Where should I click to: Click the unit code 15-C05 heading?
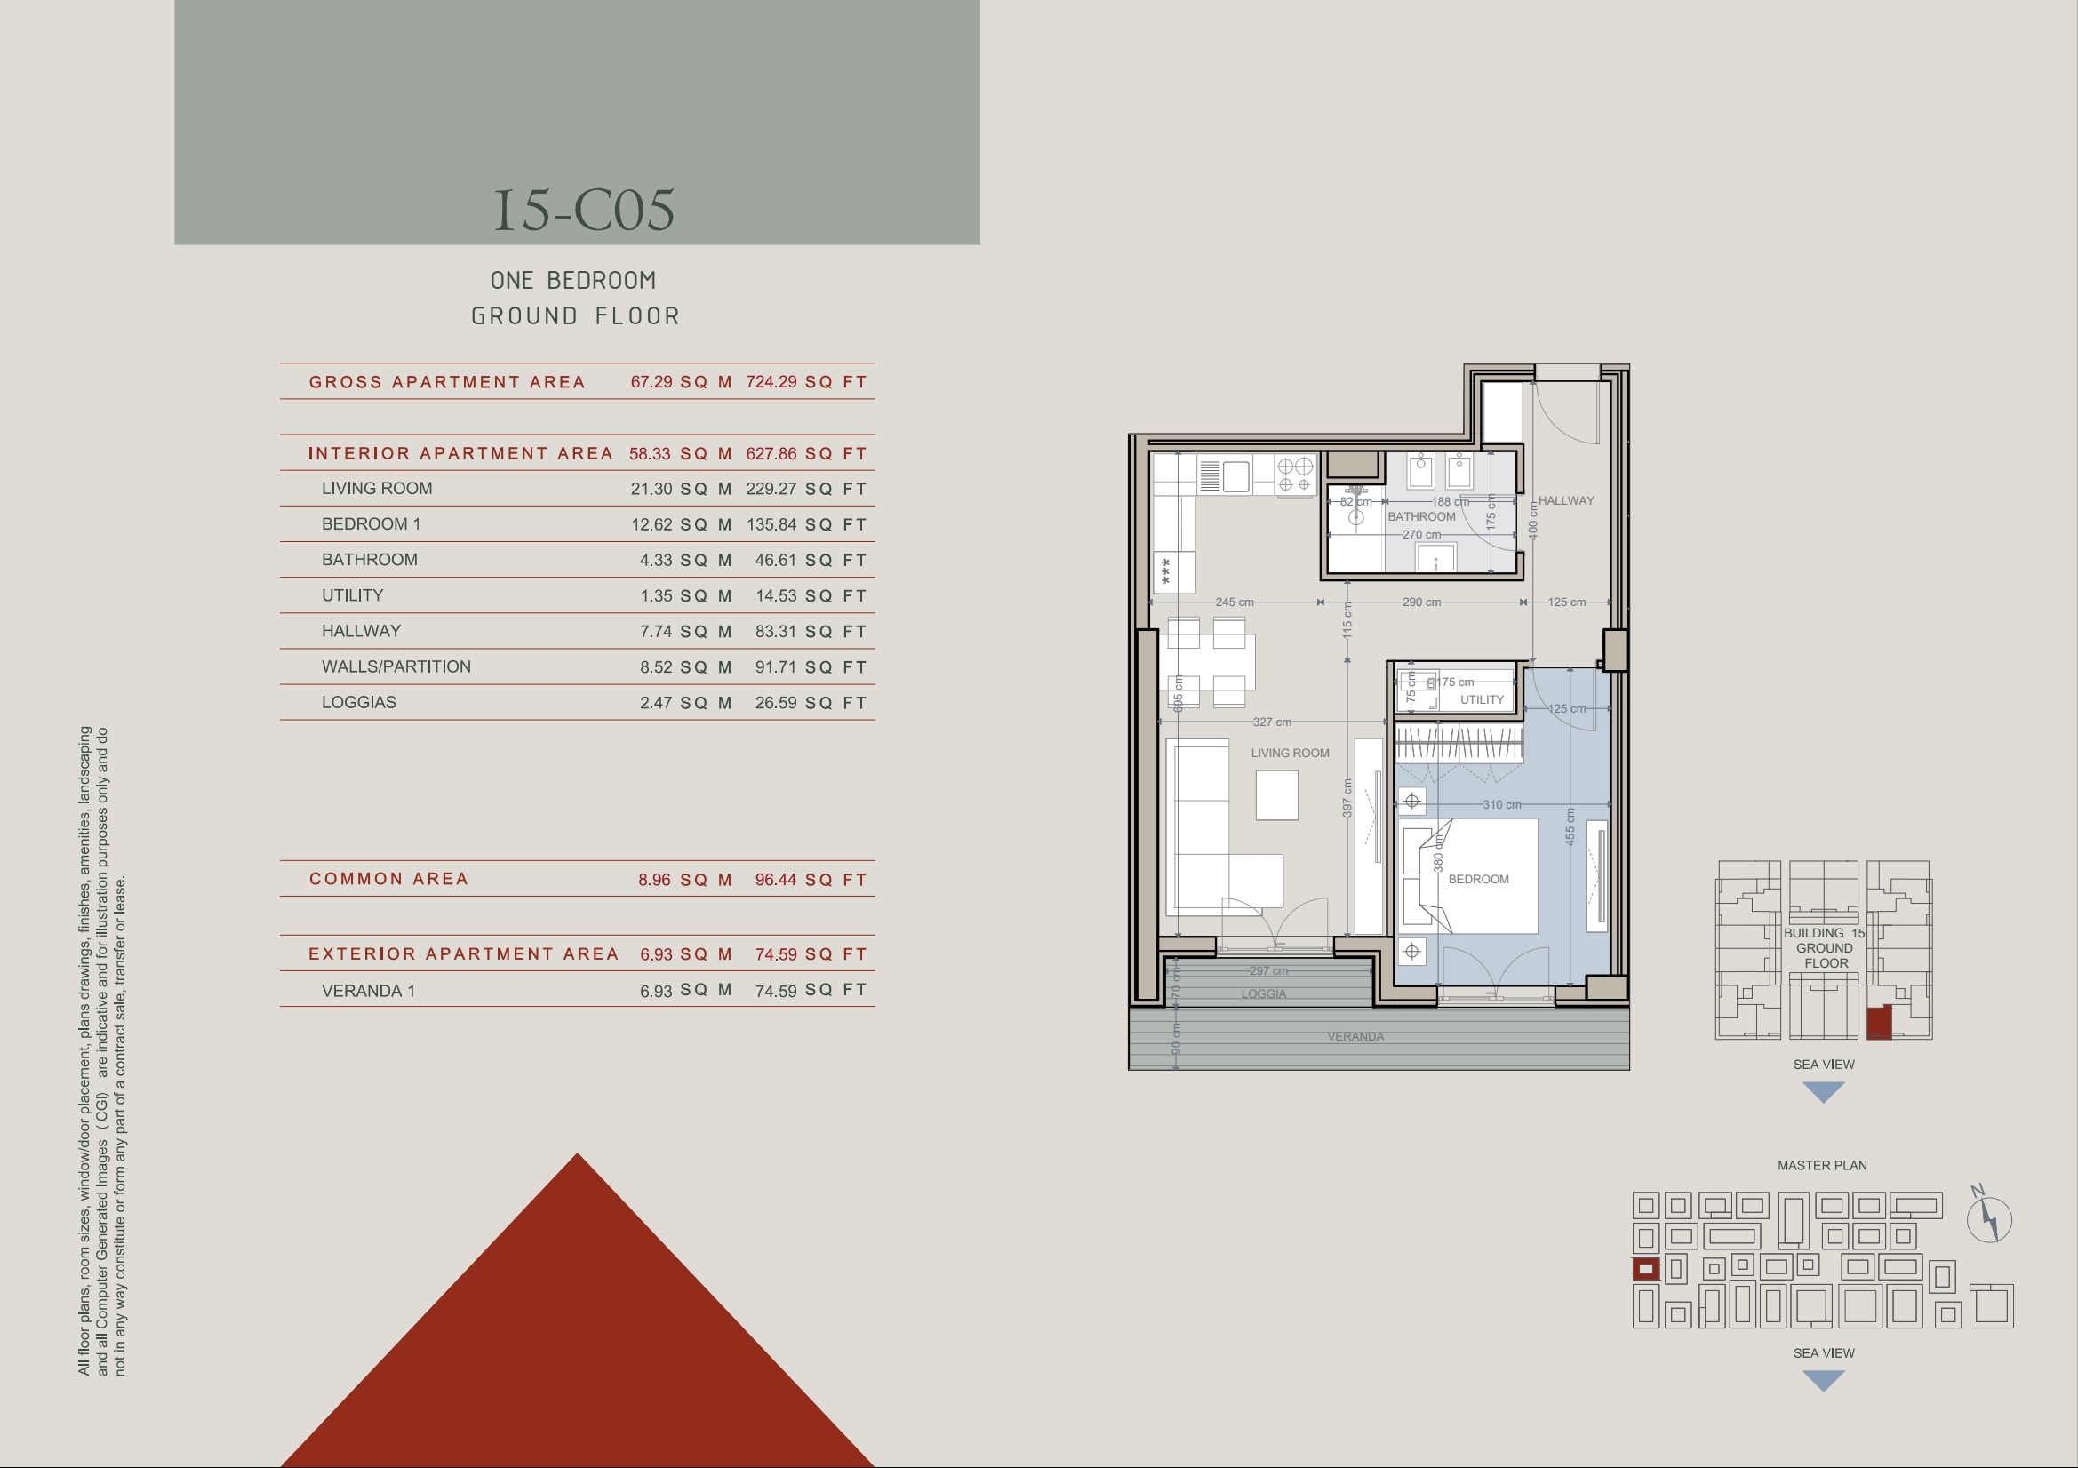click(x=584, y=210)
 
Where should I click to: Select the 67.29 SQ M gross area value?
click(x=681, y=382)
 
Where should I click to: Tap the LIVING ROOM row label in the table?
click(x=377, y=489)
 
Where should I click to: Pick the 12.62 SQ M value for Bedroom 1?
click(x=681, y=525)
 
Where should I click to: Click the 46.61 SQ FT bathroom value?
click(x=811, y=560)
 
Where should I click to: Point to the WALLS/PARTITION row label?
click(x=396, y=667)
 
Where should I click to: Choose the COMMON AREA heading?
click(x=388, y=879)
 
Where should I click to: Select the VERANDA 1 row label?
click(x=368, y=991)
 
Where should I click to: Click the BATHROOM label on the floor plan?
click(x=1422, y=517)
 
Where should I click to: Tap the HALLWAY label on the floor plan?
click(x=1566, y=500)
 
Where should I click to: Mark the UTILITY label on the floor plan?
click(x=1482, y=699)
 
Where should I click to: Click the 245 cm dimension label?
click(x=1235, y=602)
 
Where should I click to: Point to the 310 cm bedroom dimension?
click(x=1501, y=804)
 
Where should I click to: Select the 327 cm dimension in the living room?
click(x=1272, y=722)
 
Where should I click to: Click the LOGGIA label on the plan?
click(x=1264, y=993)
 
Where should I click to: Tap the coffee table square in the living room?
click(x=1276, y=795)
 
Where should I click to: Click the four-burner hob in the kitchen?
click(x=1294, y=475)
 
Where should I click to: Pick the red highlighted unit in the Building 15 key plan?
click(x=1879, y=1022)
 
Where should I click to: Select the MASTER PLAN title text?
click(x=1822, y=1166)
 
